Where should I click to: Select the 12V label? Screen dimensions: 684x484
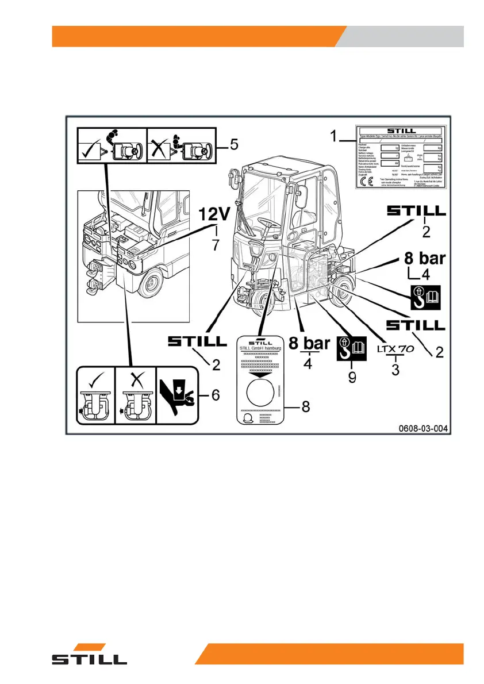tap(214, 217)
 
